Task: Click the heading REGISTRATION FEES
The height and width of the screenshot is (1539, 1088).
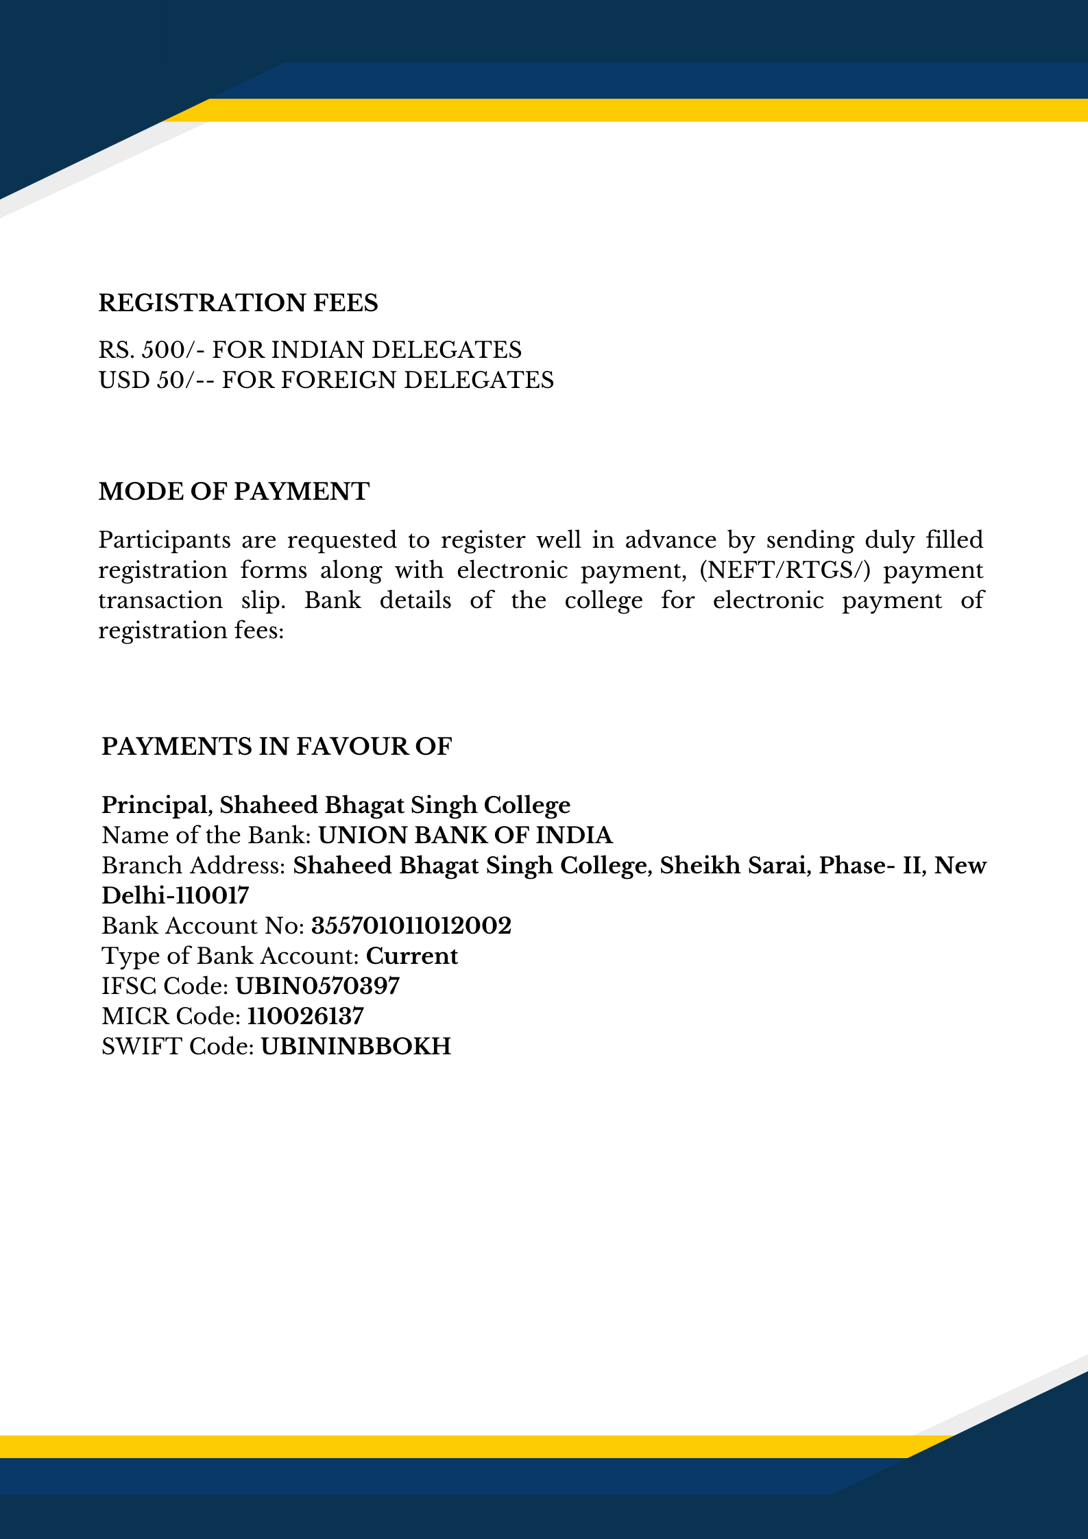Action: point(238,303)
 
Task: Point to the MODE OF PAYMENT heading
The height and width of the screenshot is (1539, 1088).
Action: point(234,492)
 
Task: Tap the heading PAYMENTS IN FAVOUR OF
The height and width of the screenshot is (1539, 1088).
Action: point(276,747)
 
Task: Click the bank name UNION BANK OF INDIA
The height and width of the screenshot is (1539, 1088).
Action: point(466,836)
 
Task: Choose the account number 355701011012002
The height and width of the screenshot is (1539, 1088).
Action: point(411,926)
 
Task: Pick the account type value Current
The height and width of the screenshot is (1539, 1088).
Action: point(412,956)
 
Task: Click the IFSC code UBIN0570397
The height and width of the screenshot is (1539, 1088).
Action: point(317,986)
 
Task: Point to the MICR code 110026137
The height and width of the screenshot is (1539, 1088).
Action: point(305,1017)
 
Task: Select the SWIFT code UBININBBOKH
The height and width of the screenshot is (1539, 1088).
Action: point(356,1047)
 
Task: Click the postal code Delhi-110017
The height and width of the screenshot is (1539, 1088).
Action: point(176,896)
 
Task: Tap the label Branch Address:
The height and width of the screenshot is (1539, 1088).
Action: point(193,866)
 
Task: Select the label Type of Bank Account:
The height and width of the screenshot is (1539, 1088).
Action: point(230,956)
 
